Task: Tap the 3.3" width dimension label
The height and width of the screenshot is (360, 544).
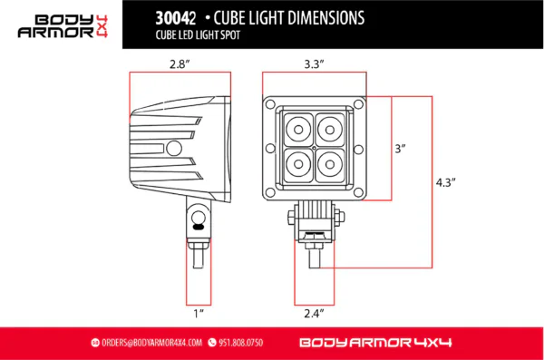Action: (315, 64)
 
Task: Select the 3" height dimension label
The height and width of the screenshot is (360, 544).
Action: (400, 147)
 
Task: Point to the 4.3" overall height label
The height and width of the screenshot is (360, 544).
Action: (445, 181)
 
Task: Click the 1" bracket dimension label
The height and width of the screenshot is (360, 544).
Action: (198, 313)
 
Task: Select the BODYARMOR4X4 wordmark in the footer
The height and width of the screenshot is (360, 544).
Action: (374, 343)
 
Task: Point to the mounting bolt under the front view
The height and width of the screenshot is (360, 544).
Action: (315, 245)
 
